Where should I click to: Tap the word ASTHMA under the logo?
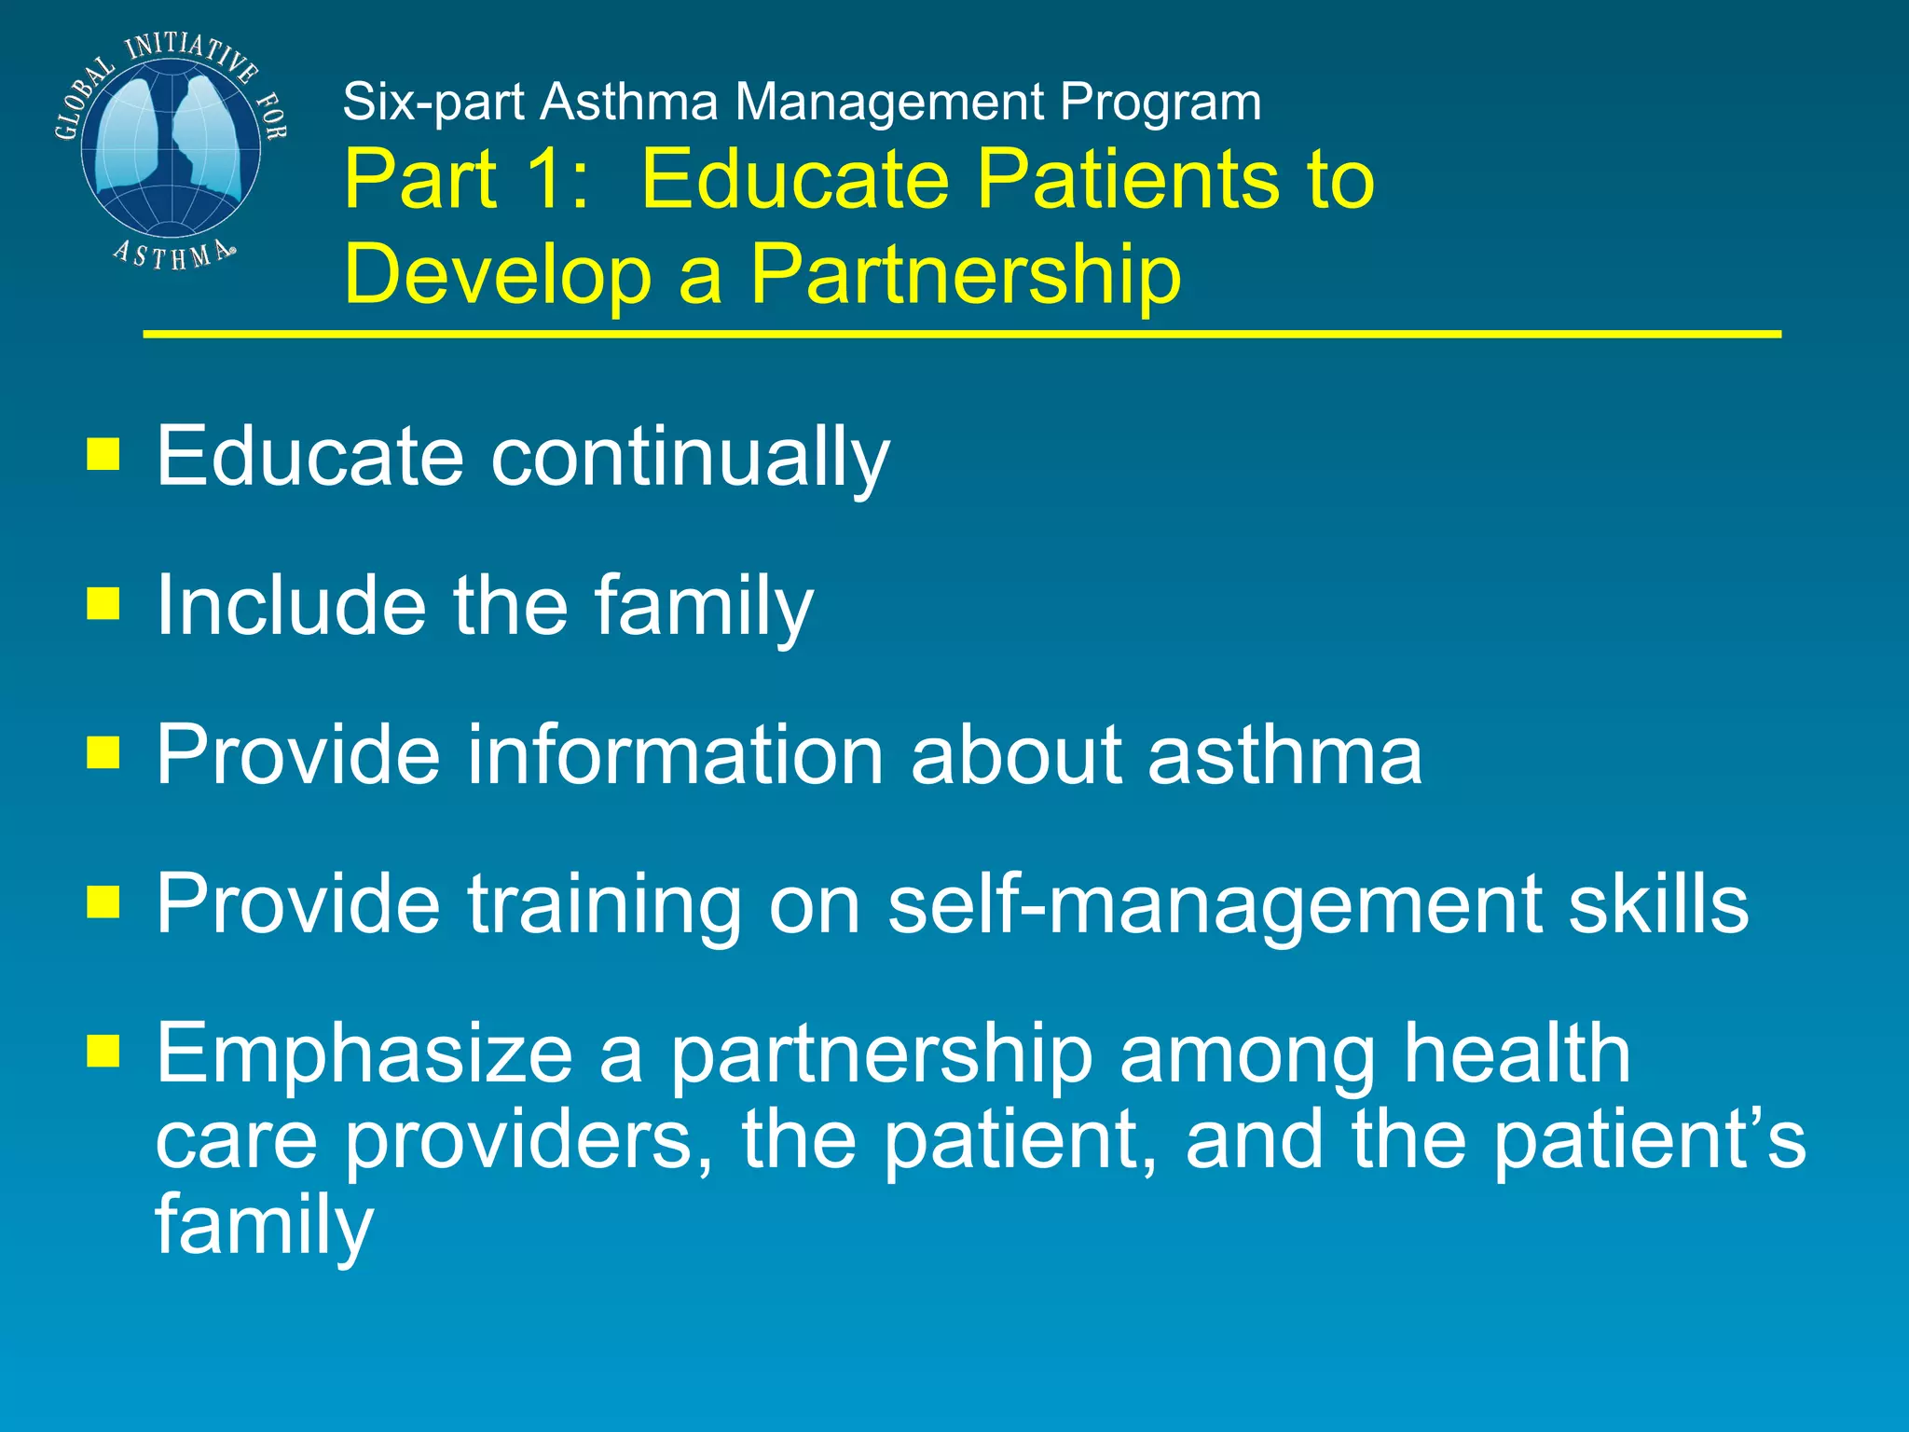(x=173, y=254)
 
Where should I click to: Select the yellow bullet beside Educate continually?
(x=103, y=454)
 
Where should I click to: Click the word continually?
(x=690, y=457)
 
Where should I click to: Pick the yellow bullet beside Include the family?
(x=103, y=603)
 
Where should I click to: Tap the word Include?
(x=290, y=605)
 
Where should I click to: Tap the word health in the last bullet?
(x=1517, y=1053)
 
